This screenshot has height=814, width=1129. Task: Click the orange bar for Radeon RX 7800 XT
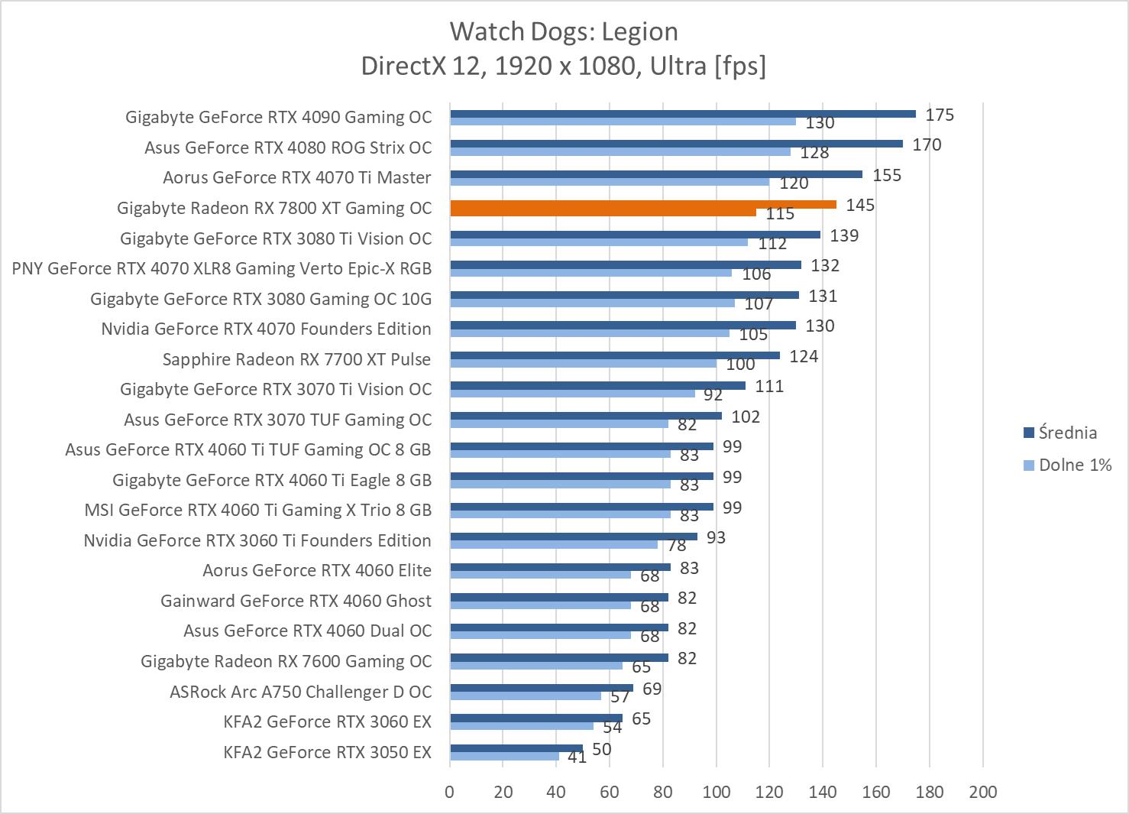coord(642,205)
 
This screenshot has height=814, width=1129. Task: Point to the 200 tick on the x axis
coord(982,792)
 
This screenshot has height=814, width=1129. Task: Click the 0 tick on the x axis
coord(450,792)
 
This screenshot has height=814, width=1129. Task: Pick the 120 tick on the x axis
coord(769,792)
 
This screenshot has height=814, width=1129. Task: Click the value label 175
coord(940,115)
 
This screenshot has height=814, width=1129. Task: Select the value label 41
coord(577,757)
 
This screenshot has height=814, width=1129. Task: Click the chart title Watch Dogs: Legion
coord(564,31)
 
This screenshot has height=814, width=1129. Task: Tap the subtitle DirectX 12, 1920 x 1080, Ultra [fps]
coord(564,66)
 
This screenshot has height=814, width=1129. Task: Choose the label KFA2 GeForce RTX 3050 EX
coord(327,752)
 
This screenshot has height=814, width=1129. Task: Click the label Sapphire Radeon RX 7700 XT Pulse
coord(296,359)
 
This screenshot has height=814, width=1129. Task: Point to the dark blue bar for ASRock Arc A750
coord(541,688)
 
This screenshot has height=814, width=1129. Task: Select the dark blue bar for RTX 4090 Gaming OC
coord(682,114)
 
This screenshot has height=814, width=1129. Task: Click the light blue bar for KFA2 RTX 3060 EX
coord(522,725)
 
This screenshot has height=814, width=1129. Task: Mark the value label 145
coord(860,205)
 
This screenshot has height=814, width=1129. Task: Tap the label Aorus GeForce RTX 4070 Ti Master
coord(296,177)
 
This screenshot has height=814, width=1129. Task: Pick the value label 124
coord(804,356)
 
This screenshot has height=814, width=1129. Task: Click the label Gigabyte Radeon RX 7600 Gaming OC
coord(286,661)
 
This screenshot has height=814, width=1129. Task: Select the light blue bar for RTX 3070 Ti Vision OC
coord(572,393)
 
